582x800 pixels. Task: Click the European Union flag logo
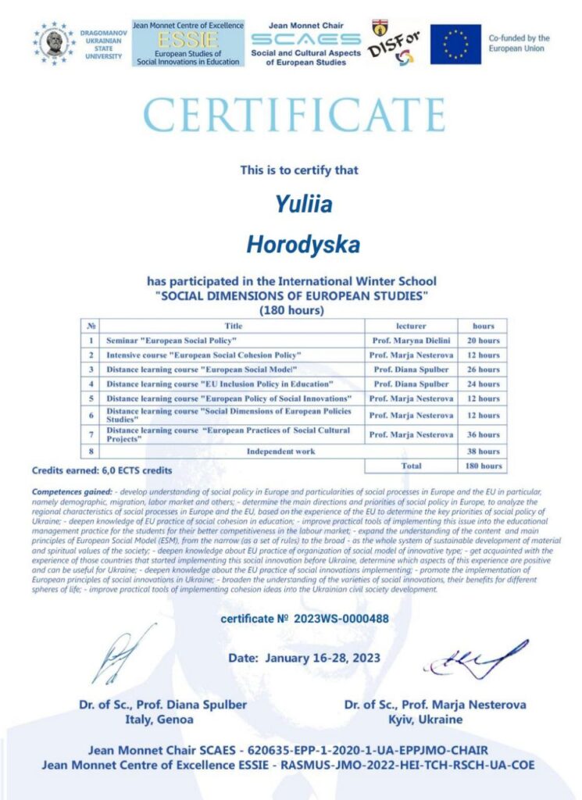pos(455,44)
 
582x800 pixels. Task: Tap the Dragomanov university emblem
pos(54,44)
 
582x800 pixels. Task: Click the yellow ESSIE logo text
pos(187,40)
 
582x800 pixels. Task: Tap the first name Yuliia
pos(303,205)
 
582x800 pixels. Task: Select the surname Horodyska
pos(303,245)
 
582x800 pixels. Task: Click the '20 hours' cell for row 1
pos(482,341)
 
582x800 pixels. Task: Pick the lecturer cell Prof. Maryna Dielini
pos(411,341)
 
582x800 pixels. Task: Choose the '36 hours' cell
pos(482,434)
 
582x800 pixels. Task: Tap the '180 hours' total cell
pos(482,466)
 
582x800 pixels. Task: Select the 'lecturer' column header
pos(411,325)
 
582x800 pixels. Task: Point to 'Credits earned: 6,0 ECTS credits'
pos(102,470)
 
